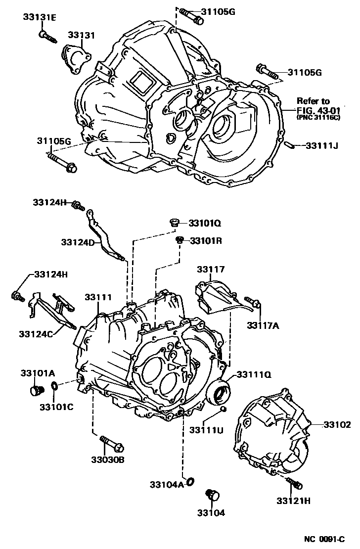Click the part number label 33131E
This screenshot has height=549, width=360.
pyautogui.click(x=40, y=18)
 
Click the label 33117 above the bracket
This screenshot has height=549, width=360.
pyautogui.click(x=211, y=270)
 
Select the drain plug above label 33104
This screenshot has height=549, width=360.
pyautogui.click(x=213, y=495)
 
